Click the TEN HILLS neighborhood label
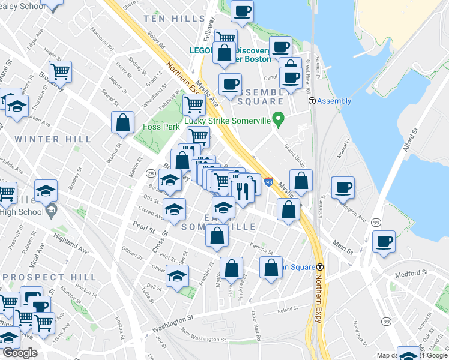(175, 19)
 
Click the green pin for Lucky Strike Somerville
(277, 120)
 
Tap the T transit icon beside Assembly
(312, 101)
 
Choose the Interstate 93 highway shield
(268, 182)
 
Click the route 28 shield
(150, 173)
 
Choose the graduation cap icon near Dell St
(177, 277)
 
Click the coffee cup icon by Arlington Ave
(343, 187)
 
